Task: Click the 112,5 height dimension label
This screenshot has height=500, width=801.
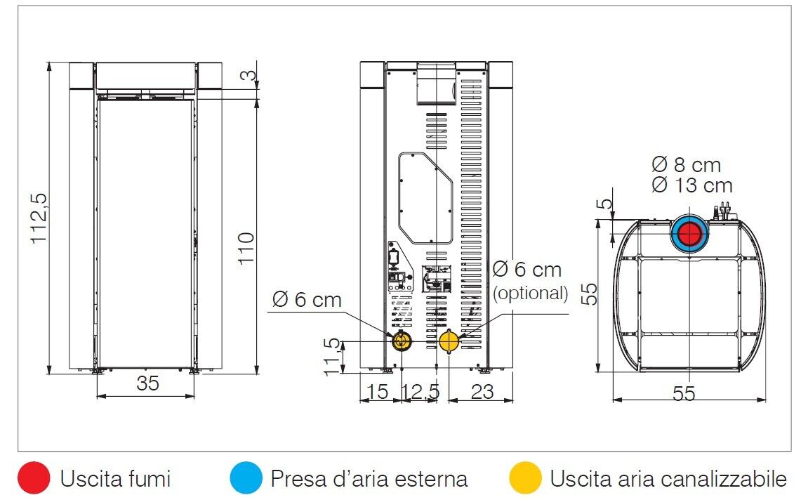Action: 39,218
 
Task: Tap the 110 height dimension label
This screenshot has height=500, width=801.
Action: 246,247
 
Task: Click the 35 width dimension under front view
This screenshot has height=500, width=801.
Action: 147,383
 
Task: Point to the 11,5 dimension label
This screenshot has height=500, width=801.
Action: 333,356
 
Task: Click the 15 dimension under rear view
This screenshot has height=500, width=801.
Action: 378,392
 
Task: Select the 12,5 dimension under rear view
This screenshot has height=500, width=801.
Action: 422,392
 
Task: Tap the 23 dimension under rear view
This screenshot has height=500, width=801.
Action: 482,392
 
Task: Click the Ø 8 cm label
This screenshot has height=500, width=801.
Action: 686,165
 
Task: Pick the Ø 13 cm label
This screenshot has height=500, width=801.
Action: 691,185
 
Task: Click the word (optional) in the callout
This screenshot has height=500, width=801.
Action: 530,293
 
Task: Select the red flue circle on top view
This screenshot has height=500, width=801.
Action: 691,235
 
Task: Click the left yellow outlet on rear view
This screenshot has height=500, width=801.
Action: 401,342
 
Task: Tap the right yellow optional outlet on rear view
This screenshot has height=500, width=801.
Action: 449,342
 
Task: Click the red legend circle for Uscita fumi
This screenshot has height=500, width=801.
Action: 34,479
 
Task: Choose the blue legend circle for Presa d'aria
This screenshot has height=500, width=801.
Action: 246,479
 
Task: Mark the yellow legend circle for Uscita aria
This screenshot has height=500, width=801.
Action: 525,479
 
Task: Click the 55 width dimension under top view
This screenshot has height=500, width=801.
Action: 684,394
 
